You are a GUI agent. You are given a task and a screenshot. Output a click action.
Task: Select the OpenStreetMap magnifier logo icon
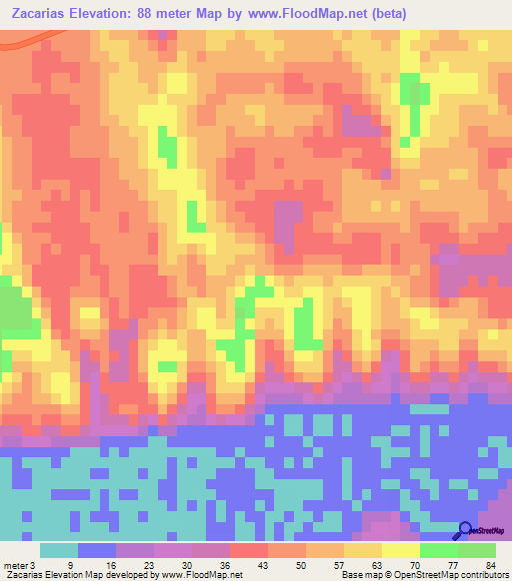[466, 531]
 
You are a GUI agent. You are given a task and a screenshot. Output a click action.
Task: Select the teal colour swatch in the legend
[59, 550]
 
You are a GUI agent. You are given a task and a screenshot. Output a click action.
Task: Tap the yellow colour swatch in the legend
[400, 550]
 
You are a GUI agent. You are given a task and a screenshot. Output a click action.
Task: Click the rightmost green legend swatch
[476, 550]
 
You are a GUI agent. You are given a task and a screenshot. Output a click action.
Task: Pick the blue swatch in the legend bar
[97, 550]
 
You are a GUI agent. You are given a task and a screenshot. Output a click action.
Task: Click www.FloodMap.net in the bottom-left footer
[204, 575]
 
